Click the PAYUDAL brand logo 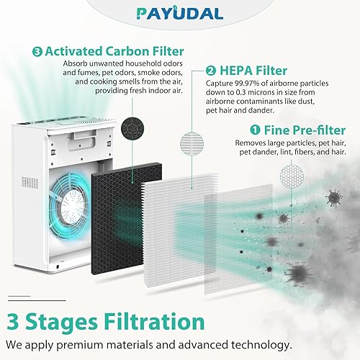pos(180,14)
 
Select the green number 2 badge pos(210,71)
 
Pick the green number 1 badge pos(255,131)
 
